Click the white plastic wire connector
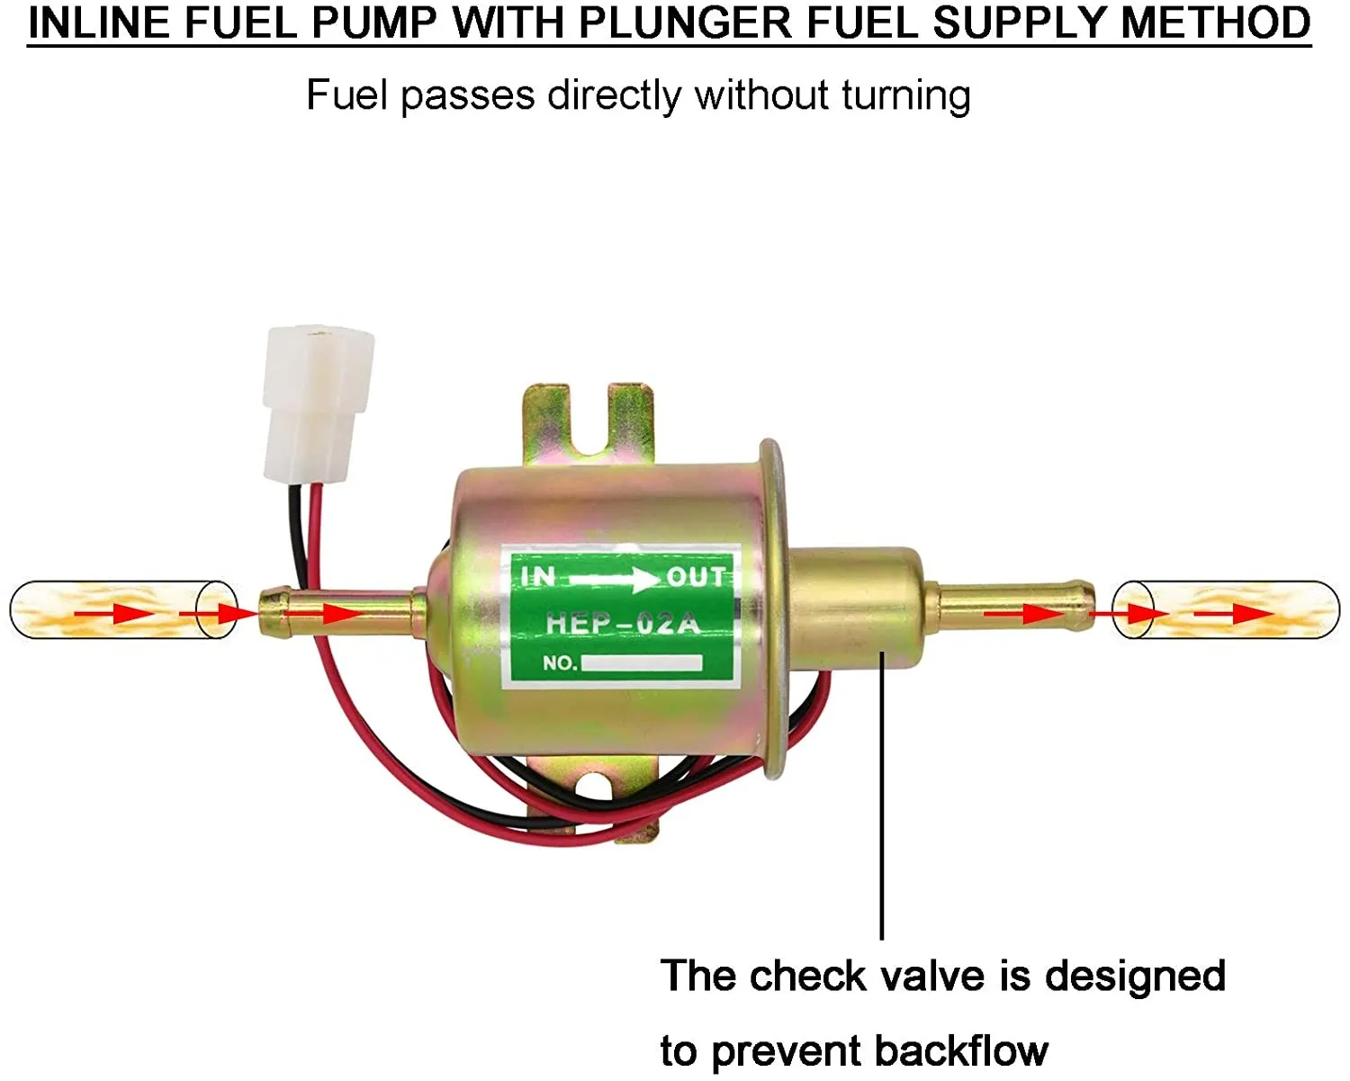tap(317, 404)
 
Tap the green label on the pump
tap(621, 617)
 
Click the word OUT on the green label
tap(696, 576)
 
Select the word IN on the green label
tap(538, 575)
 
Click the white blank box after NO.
tap(642, 663)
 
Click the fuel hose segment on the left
tap(123, 610)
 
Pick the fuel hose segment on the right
tap(1226, 609)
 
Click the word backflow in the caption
tap(960, 1050)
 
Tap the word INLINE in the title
tap(98, 23)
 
